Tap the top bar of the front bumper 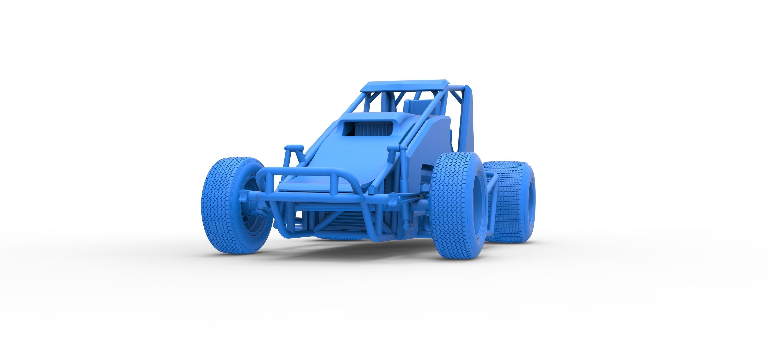310,172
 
